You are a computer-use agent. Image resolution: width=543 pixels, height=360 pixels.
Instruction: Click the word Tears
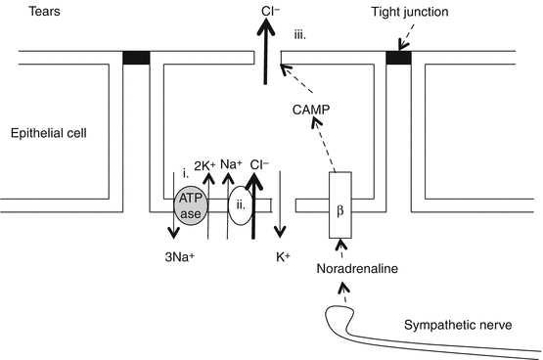pos(44,11)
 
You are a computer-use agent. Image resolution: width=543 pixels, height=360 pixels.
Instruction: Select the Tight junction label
pos(410,12)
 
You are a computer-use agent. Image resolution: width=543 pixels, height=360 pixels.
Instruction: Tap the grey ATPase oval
pos(191,206)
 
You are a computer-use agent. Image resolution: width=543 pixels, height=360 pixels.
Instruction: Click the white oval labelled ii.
pos(241,205)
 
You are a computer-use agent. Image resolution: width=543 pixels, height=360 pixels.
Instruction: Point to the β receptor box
pos(340,205)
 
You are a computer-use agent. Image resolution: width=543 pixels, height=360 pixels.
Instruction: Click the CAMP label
pos(311,110)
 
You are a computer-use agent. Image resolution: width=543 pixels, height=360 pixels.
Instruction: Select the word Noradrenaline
pos(357,269)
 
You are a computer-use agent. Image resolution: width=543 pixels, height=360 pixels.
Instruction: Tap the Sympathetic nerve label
pos(458,325)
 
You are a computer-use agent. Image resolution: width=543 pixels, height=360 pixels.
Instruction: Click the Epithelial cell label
pos(49,133)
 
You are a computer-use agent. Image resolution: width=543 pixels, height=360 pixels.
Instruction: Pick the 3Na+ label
pos(180,257)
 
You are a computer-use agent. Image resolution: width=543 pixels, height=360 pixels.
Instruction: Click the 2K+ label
pos(204,165)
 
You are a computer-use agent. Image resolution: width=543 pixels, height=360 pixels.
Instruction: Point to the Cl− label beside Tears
pos(270,11)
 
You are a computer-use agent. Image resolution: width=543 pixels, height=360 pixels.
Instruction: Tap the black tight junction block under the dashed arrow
pos(398,58)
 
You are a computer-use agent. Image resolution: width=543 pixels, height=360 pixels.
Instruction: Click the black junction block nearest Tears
pos(136,58)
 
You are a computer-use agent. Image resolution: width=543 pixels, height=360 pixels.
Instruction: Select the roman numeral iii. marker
pos(300,35)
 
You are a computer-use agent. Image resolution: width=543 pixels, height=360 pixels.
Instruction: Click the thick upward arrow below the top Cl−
pos(265,51)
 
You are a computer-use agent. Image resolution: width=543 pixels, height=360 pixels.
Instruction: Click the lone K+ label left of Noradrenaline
pos(284,257)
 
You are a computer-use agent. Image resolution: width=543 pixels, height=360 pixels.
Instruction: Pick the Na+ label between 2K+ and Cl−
pos(231,163)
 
